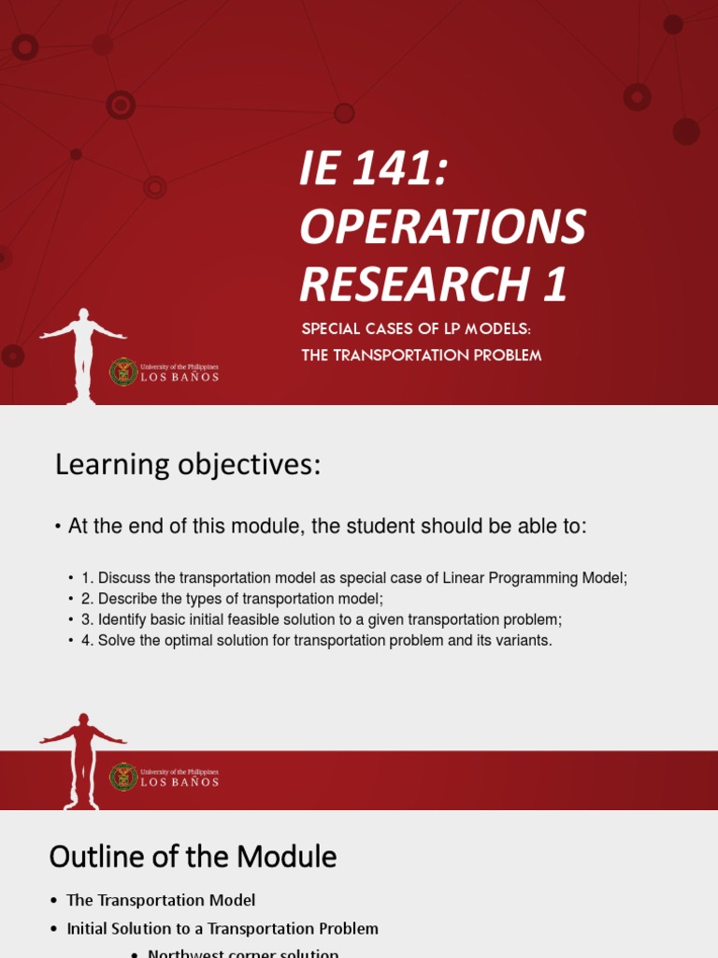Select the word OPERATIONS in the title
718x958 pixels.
pyautogui.click(x=442, y=227)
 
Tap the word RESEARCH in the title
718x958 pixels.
pyautogui.click(x=410, y=284)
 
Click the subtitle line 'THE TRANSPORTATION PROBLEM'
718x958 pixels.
pyautogui.click(x=422, y=356)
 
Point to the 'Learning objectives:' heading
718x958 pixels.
pyautogui.click(x=188, y=464)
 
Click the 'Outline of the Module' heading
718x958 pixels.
pyautogui.click(x=193, y=856)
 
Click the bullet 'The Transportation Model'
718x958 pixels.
pyautogui.click(x=161, y=900)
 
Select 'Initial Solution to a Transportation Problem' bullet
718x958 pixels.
pyautogui.click(x=223, y=929)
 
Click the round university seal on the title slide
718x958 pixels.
pyautogui.click(x=123, y=371)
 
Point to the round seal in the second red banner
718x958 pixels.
pyautogui.click(x=123, y=777)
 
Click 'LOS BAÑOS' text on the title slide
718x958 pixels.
pyautogui.click(x=179, y=377)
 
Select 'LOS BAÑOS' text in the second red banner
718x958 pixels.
pyautogui.click(x=179, y=782)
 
